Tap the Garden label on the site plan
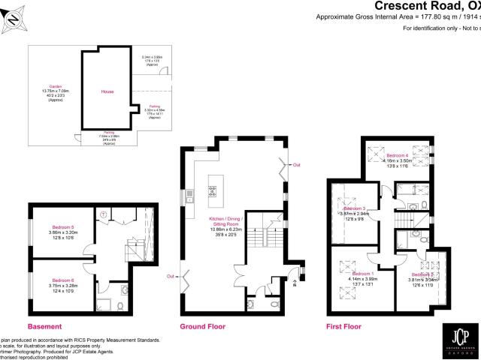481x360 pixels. [x=54, y=88]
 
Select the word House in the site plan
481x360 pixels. [x=107, y=91]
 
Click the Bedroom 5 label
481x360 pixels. [x=63, y=226]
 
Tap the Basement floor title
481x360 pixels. [x=44, y=326]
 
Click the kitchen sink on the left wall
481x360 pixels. [x=191, y=196]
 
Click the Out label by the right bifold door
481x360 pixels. [x=296, y=163]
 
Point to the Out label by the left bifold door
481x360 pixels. [x=171, y=277]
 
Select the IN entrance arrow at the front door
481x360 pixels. [x=294, y=283]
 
